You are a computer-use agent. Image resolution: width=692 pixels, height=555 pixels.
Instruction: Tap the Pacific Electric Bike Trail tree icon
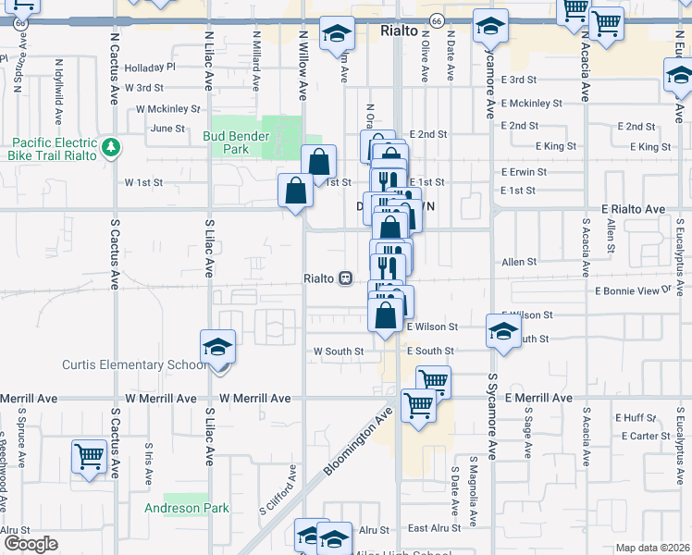click(111, 146)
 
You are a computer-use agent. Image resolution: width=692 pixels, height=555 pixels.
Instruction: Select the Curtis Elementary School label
click(135, 364)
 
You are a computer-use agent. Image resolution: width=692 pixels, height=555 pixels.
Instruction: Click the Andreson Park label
click(186, 508)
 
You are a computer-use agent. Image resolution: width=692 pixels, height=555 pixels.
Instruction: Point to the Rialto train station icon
click(345, 277)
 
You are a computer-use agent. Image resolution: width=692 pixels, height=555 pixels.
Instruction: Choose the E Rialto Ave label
click(633, 210)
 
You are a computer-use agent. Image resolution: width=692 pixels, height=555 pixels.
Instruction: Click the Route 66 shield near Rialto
click(435, 19)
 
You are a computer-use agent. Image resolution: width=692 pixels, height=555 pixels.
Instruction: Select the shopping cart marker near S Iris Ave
click(89, 457)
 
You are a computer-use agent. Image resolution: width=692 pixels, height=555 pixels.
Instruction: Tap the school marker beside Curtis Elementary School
click(218, 347)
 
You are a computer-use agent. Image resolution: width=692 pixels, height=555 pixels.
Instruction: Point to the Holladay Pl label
click(150, 68)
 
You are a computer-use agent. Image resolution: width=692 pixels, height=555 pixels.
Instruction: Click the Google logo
click(31, 544)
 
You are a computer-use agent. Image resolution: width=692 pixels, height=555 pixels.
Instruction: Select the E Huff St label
click(641, 417)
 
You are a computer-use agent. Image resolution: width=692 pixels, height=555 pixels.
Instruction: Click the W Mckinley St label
click(167, 108)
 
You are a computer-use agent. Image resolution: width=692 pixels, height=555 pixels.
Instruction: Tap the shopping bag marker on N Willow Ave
click(295, 192)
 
